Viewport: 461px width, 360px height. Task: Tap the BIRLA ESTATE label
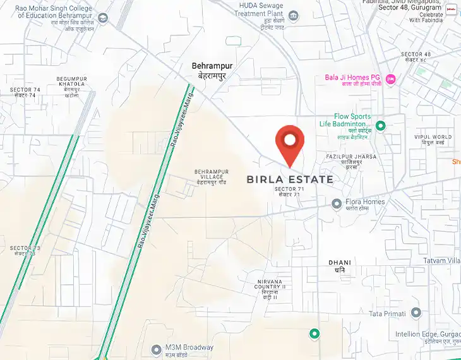289,179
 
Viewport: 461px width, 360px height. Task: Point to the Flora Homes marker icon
337,203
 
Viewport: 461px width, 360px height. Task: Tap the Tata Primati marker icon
416,313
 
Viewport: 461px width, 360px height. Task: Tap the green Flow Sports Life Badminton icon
380,126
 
